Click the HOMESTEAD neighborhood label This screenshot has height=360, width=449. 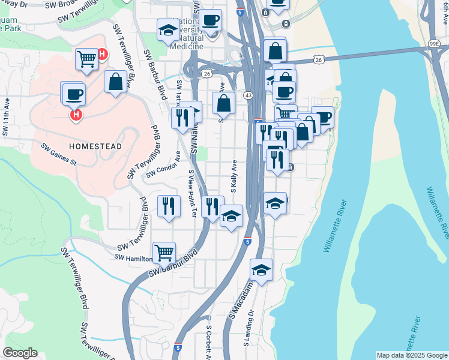pyautogui.click(x=95, y=146)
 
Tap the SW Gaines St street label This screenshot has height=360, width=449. pyautogui.click(x=59, y=154)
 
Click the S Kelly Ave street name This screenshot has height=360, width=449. pyautogui.click(x=234, y=176)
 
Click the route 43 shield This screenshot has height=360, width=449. pyautogui.click(x=248, y=95)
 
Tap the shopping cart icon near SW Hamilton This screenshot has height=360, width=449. pyautogui.click(x=163, y=252)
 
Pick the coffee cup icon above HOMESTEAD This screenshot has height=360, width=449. pyautogui.click(x=74, y=94)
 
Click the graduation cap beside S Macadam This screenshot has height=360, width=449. pyautogui.click(x=261, y=270)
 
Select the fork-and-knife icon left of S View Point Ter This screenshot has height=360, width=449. pyautogui.click(x=169, y=206)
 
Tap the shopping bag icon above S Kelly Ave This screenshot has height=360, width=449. pyautogui.click(x=223, y=103)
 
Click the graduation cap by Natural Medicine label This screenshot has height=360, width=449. pyautogui.click(x=167, y=29)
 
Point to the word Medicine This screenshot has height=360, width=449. pyautogui.click(x=187, y=46)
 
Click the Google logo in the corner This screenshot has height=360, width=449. pyautogui.click(x=20, y=353)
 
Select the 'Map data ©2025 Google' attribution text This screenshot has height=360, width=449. pyautogui.click(x=411, y=355)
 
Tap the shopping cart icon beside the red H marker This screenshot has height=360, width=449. pyautogui.click(x=86, y=59)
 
